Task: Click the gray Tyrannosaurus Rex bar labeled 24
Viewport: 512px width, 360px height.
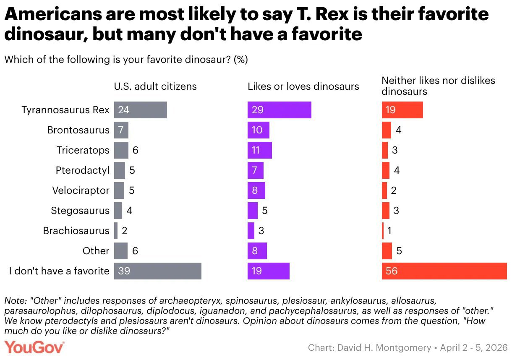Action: (x=141, y=110)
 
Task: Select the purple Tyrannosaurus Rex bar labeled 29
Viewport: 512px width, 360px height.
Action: (x=280, y=110)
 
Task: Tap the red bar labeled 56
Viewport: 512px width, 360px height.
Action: (x=444, y=271)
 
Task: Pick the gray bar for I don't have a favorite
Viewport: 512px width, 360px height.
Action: (x=158, y=271)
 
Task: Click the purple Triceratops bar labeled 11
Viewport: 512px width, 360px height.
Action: (x=260, y=150)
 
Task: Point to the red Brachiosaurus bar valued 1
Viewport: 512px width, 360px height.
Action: (x=383, y=231)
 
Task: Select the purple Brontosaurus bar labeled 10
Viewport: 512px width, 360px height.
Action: (x=258, y=130)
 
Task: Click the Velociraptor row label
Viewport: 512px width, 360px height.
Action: (x=81, y=190)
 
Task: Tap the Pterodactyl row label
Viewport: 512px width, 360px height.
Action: (x=83, y=170)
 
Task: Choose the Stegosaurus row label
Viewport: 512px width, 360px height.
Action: (x=80, y=211)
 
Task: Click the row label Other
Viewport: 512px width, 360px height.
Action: (x=96, y=251)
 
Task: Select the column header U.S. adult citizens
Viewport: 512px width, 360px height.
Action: (x=155, y=86)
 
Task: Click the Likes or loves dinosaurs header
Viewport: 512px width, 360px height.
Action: (x=303, y=86)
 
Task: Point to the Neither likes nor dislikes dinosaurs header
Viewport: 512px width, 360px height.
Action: (x=438, y=86)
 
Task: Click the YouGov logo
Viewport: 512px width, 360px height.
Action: (x=34, y=347)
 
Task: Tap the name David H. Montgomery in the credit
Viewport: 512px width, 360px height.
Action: (x=384, y=348)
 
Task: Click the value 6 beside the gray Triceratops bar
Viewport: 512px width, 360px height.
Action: (x=135, y=150)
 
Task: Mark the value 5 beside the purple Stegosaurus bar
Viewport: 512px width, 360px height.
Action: (x=265, y=211)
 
